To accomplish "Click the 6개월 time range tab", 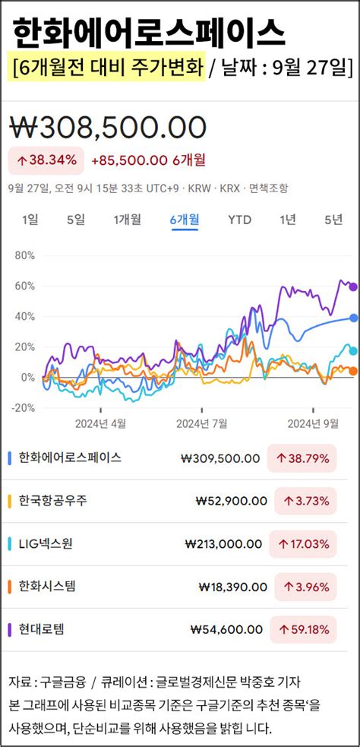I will tap(185, 220).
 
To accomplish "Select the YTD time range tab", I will tap(240, 220).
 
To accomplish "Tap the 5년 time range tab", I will tap(333, 220).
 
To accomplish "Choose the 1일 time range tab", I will tap(30, 220).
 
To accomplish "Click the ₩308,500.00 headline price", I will tap(107, 127).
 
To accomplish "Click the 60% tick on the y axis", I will tap(25, 286).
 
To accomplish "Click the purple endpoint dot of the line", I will tap(352, 286).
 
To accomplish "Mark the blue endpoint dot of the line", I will tap(353, 318).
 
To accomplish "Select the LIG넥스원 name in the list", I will tap(46, 543).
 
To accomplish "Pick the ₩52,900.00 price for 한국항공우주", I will tap(231, 501).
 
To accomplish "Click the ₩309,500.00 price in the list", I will tap(220, 458).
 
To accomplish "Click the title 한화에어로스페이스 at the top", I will tap(150, 33).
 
